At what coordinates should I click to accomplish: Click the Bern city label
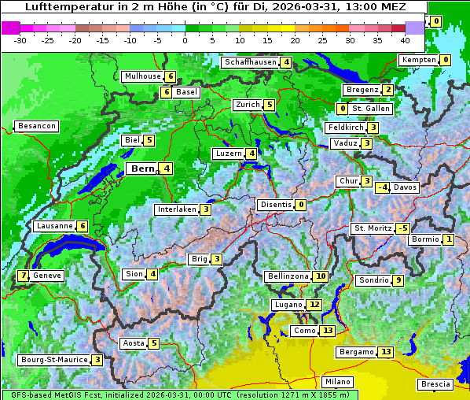click(x=141, y=169)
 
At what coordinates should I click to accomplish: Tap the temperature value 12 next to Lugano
click(x=314, y=305)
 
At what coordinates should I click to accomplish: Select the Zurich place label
click(x=247, y=105)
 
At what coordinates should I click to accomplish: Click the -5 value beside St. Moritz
click(x=402, y=228)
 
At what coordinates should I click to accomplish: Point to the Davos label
click(x=405, y=187)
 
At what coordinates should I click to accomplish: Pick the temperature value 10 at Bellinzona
click(x=320, y=276)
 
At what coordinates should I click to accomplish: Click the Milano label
click(x=338, y=381)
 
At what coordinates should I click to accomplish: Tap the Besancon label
click(x=36, y=126)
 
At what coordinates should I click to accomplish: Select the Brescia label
click(x=435, y=383)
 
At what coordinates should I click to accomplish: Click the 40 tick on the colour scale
click(x=405, y=39)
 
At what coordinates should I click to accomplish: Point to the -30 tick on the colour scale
click(x=20, y=39)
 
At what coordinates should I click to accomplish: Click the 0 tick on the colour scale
click(x=185, y=39)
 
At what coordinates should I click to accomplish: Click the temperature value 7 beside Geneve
click(x=24, y=276)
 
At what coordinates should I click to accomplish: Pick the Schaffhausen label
click(x=250, y=62)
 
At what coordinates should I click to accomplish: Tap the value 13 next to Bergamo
click(x=385, y=352)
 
